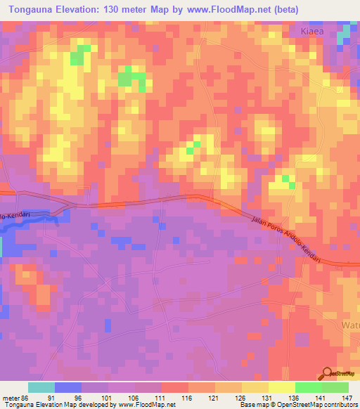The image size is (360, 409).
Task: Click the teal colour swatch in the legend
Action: pos(41,387)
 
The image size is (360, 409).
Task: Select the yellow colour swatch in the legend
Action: pos(281,387)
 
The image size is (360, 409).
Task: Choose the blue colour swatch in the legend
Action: pos(68,387)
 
